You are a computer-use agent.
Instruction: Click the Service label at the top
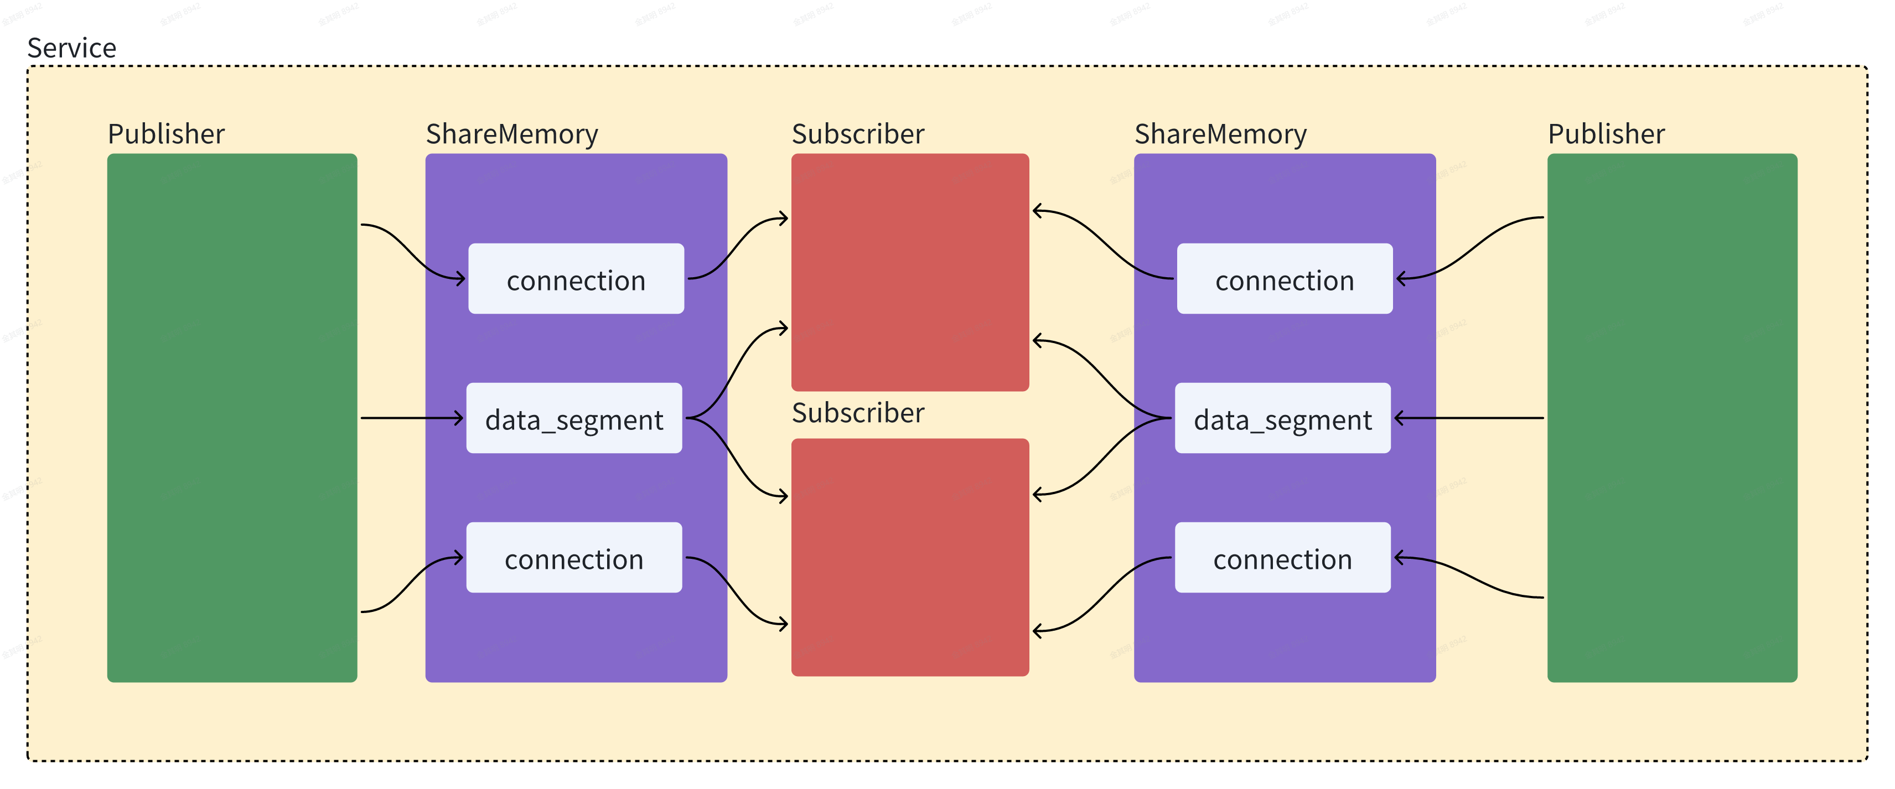pyautogui.click(x=71, y=48)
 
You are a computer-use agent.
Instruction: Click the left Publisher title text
pyautogui.click(x=165, y=134)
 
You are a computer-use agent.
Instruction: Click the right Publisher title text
pyautogui.click(x=1606, y=134)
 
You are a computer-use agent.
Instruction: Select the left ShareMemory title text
pyautogui.click(x=512, y=134)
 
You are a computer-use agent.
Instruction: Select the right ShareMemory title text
pyautogui.click(x=1220, y=134)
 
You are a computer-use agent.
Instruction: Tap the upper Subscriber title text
pyautogui.click(x=858, y=134)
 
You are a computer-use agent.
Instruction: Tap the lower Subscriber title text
pyautogui.click(x=858, y=413)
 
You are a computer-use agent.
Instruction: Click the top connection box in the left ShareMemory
pyautogui.click(x=576, y=279)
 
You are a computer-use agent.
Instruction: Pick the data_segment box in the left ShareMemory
pyautogui.click(x=574, y=418)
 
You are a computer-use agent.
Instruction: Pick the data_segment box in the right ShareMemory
pyautogui.click(x=1282, y=418)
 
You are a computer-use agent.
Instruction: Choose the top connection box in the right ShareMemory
pyautogui.click(x=1285, y=279)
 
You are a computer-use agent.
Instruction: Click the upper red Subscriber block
pyautogui.click(x=910, y=272)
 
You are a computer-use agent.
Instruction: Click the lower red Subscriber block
pyautogui.click(x=910, y=557)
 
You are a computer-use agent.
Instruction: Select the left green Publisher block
pyautogui.click(x=232, y=418)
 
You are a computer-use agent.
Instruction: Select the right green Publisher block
pyautogui.click(x=1672, y=418)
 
